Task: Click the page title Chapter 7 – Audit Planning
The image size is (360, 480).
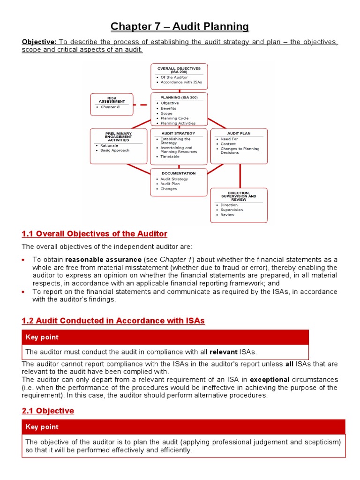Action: click(x=180, y=26)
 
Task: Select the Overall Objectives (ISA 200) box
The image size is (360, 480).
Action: click(x=179, y=76)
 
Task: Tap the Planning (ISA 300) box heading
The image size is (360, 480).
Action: click(x=179, y=97)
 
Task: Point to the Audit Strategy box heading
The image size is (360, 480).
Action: click(x=179, y=133)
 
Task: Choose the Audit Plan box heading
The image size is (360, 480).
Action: click(x=239, y=133)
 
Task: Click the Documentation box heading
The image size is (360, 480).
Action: click(x=179, y=173)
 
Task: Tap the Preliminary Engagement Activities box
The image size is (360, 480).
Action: click(x=112, y=145)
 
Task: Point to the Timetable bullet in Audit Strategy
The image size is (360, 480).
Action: click(x=170, y=157)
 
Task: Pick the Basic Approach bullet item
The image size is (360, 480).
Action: click(x=114, y=150)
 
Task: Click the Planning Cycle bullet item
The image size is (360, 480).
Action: click(x=174, y=118)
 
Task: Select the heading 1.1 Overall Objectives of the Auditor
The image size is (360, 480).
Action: click(x=94, y=233)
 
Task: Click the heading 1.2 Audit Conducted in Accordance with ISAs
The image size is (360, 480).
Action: click(x=113, y=321)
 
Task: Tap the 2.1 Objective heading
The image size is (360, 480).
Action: click(x=48, y=411)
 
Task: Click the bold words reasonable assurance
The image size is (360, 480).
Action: click(x=103, y=260)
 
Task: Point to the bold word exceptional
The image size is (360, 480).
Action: click(x=270, y=379)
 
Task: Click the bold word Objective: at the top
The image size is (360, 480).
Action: click(x=39, y=42)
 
